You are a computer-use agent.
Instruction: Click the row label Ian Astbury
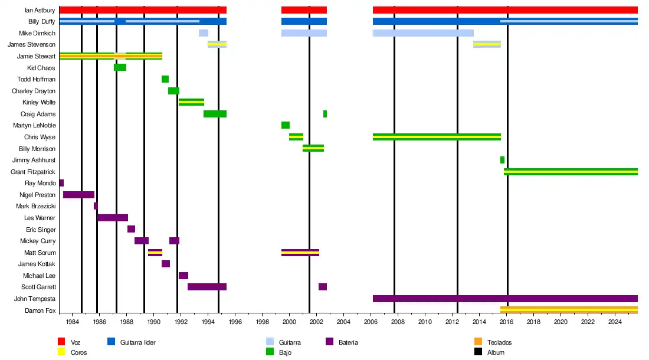pyautogui.click(x=40, y=10)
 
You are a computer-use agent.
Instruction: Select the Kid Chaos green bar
pyautogui.click(x=120, y=68)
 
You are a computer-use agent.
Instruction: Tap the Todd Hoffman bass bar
pyautogui.click(x=165, y=79)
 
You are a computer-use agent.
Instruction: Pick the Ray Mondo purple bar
pyautogui.click(x=61, y=184)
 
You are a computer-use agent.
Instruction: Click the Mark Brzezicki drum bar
pyautogui.click(x=96, y=207)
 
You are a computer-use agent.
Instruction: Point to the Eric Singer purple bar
pyautogui.click(x=131, y=230)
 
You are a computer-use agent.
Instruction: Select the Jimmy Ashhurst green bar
pyautogui.click(x=502, y=160)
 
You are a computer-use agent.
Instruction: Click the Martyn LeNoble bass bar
pyautogui.click(x=286, y=125)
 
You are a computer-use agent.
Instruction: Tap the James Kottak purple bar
pyautogui.click(x=166, y=264)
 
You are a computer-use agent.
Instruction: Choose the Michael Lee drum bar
pyautogui.click(x=183, y=276)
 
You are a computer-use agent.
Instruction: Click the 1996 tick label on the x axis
pyautogui.click(x=235, y=322)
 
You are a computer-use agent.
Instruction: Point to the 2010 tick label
pyautogui.click(x=425, y=322)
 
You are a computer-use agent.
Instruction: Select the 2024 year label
pyautogui.click(x=615, y=322)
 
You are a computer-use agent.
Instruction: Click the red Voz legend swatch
pyautogui.click(x=61, y=342)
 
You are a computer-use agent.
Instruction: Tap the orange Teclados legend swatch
pyautogui.click(x=478, y=342)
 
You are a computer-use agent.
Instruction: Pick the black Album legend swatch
pyautogui.click(x=478, y=352)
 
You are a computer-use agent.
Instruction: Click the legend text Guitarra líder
pyautogui.click(x=137, y=342)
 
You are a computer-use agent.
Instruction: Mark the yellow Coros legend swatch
pyautogui.click(x=61, y=352)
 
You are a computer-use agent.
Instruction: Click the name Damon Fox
pyautogui.click(x=40, y=310)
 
